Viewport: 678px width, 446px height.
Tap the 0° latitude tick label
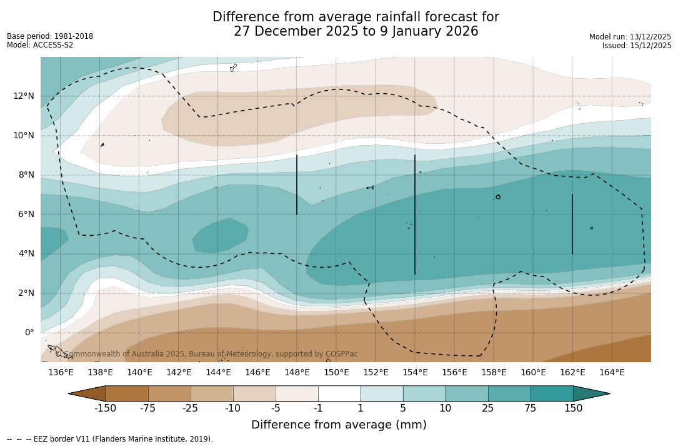29,332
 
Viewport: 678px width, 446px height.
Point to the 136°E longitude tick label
61,373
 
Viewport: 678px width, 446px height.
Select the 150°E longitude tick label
336,373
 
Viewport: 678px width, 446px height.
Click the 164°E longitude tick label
612,373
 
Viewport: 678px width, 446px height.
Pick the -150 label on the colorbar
106,408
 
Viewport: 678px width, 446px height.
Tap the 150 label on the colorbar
573,408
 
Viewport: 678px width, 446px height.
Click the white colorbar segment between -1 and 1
339,393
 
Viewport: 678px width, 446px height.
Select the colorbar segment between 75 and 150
552,393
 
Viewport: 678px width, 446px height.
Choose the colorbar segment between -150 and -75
127,393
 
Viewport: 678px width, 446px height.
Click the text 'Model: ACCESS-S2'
40,45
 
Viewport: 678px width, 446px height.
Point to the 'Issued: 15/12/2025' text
637,46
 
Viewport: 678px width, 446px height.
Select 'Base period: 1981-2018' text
50,36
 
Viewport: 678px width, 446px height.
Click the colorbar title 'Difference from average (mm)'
339,425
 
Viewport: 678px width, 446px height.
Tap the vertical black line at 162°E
572,224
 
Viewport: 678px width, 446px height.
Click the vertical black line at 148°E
297,185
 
